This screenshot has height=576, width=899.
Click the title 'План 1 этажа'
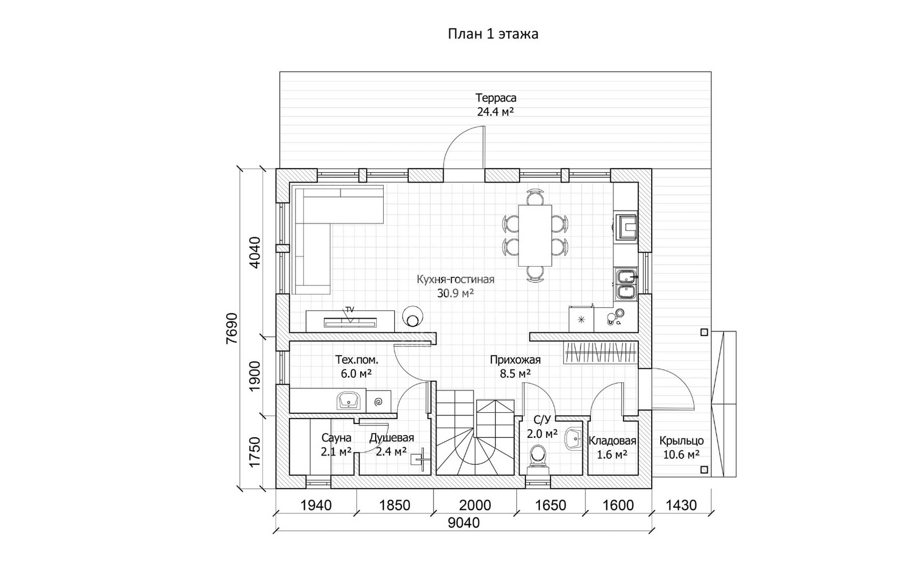493,34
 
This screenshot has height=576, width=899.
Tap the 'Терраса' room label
496,97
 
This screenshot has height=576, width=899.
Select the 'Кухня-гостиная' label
455,279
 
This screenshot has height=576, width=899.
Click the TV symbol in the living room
350,322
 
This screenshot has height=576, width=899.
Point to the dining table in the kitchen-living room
535,235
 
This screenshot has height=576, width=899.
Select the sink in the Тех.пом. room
68,400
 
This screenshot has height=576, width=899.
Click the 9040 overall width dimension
463,522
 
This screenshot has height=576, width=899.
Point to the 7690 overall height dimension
232,328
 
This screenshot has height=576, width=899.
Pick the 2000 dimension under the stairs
475,505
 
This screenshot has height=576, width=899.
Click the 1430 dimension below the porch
681,505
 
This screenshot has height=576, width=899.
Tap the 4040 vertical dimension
255,252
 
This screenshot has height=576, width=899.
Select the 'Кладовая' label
612,441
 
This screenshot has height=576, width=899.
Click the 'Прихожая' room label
515,360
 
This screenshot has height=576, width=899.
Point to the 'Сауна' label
336,437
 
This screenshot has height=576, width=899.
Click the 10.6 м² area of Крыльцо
682,454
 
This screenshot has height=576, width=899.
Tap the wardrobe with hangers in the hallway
600,353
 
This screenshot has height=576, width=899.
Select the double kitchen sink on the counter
627,284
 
